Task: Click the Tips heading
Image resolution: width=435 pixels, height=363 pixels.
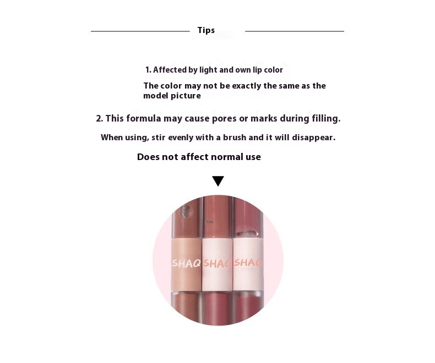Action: point(206,30)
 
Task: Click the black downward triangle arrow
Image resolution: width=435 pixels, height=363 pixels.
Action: point(218,181)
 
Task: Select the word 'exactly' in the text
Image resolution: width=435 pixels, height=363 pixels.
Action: point(246,86)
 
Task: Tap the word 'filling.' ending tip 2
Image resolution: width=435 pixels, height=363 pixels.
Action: point(326,119)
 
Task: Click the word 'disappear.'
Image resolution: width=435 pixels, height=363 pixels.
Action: point(313,137)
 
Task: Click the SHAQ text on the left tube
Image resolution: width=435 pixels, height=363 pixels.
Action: point(186,263)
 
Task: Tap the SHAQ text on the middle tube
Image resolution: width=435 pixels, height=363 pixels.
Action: point(217,263)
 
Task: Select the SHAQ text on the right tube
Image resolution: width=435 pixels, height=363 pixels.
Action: point(248,262)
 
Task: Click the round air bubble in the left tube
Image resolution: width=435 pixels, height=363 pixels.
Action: point(186,212)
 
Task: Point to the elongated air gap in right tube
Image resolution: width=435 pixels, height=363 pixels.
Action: point(247,233)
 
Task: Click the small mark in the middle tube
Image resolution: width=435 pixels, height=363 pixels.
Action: point(210,222)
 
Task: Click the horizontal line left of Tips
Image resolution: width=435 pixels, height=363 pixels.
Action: point(140,31)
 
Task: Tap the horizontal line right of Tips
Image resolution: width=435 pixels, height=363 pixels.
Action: point(295,31)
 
